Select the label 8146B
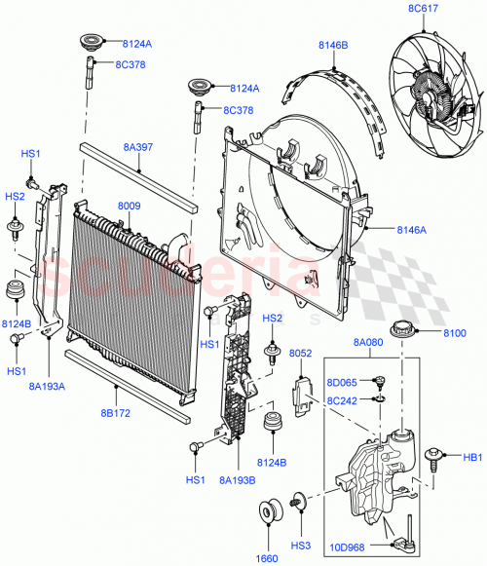pos(332,46)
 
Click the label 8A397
pos(138,147)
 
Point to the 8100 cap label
pos(455,333)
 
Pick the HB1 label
pos(472,455)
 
